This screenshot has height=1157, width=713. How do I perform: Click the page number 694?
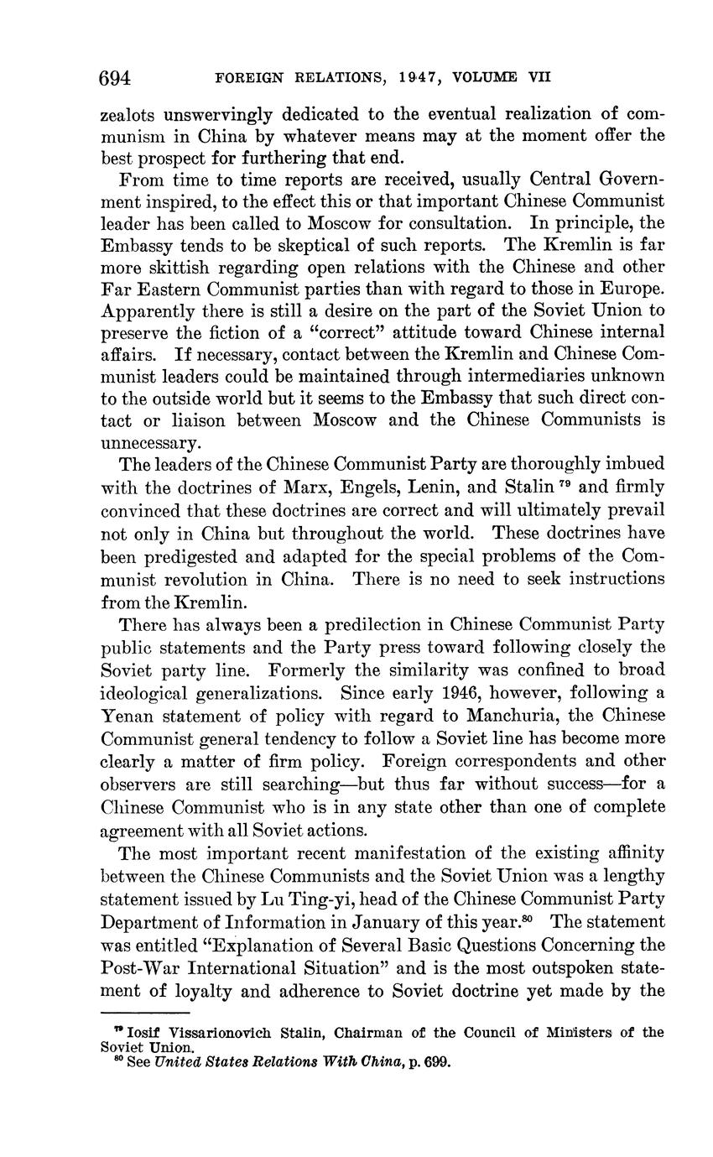[116, 78]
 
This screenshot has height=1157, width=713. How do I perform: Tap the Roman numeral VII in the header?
[539, 78]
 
